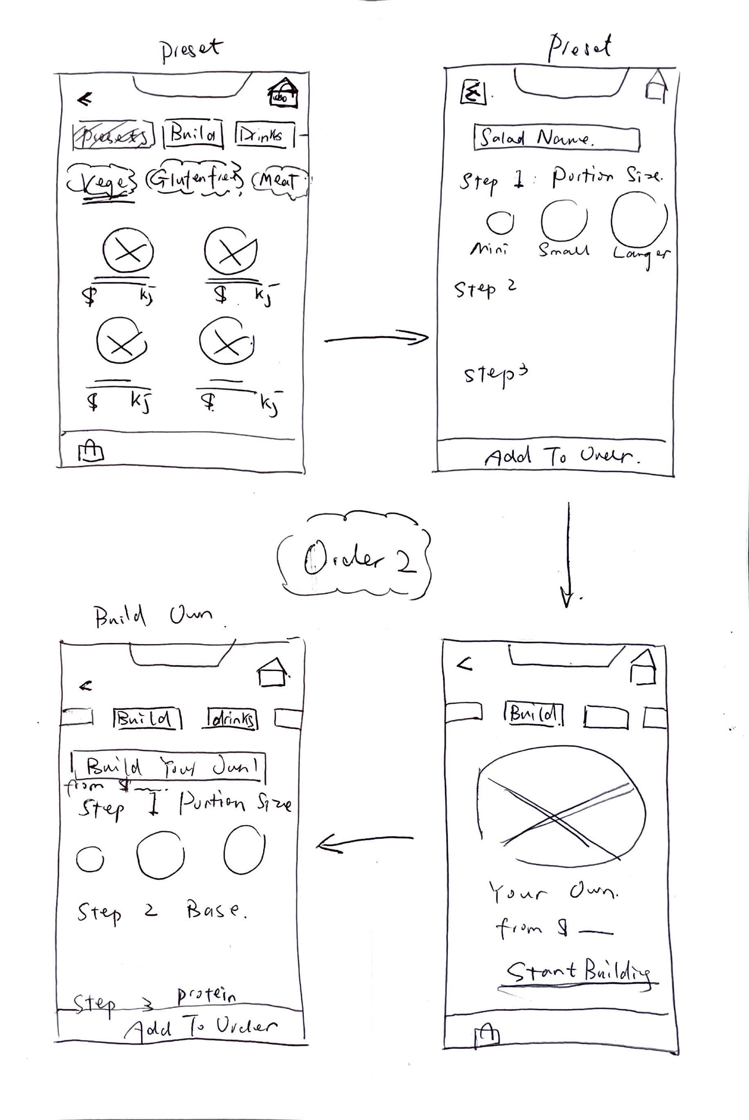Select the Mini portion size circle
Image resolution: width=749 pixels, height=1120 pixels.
pos(500,222)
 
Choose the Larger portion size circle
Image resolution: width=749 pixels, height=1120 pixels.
pos(639,219)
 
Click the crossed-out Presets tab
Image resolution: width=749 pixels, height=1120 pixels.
pos(114,135)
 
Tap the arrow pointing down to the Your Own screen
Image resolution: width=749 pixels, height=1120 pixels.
pos(568,554)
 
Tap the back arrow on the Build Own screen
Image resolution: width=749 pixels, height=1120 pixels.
pos(85,686)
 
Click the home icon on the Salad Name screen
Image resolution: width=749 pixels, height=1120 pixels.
pos(656,85)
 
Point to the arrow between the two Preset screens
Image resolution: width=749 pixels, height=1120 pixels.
pos(376,339)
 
